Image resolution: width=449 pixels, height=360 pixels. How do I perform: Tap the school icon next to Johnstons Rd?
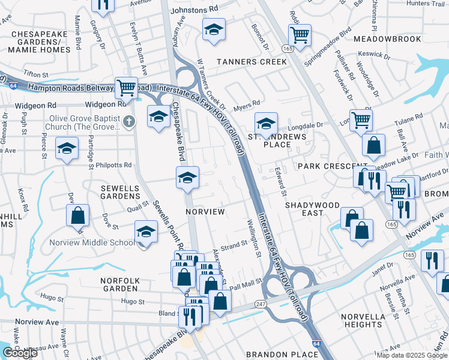click(213, 29)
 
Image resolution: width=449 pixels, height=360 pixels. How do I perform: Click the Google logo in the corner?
click(20, 353)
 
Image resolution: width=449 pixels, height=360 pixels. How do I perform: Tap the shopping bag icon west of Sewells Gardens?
click(78, 216)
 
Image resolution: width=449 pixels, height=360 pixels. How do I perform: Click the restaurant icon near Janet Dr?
click(432, 260)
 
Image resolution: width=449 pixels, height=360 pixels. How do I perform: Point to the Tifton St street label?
click(35, 73)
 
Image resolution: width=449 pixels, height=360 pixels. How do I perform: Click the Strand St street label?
click(235, 245)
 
